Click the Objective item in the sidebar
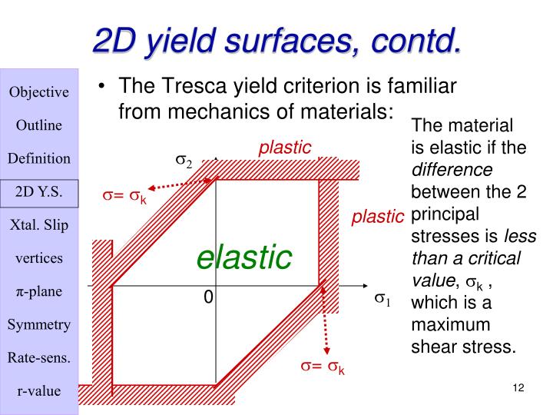38,92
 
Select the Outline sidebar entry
38,125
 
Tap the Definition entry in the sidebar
38,159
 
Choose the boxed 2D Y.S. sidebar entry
38,192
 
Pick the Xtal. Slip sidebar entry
38,225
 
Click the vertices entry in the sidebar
38,258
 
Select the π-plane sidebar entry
38,291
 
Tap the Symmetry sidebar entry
38,324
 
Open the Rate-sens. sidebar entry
38,357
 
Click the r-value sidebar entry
38,390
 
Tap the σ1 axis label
382,298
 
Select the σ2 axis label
184,161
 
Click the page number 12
517,388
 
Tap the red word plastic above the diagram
284,147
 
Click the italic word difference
452,168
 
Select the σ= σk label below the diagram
322,367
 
